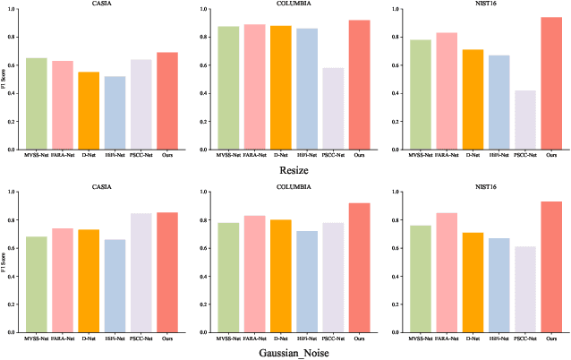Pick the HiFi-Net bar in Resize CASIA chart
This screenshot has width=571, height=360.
click(115, 113)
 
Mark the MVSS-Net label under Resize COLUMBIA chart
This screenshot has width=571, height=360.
click(228, 154)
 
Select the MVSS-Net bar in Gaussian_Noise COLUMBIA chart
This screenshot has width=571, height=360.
click(228, 278)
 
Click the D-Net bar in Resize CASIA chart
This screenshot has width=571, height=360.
click(89, 111)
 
